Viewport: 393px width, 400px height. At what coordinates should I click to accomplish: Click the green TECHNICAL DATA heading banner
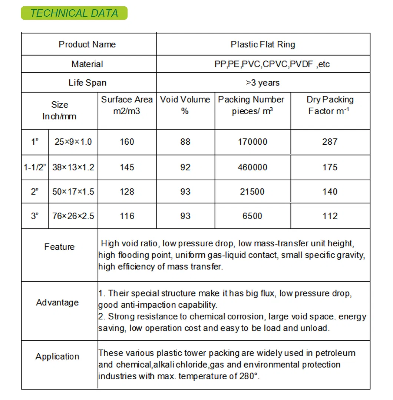[74, 13]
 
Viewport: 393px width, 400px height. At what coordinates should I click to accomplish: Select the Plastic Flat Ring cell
[263, 45]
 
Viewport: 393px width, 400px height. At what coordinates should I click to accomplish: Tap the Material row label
[87, 64]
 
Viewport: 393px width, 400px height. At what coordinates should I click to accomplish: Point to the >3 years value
[263, 83]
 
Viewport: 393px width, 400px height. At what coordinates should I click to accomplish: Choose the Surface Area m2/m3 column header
[127, 105]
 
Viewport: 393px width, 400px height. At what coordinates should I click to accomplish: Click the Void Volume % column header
[185, 105]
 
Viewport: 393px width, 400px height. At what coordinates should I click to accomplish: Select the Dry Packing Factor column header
[330, 105]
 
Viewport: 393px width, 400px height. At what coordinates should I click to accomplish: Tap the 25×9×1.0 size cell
[73, 142]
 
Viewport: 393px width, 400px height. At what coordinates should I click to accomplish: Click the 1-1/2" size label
[35, 167]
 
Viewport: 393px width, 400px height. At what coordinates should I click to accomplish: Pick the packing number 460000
[252, 167]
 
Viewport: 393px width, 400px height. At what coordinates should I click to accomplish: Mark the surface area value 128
[127, 192]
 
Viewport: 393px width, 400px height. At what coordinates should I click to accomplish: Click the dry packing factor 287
[330, 142]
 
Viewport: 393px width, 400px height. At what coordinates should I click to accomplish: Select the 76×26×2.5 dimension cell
[73, 216]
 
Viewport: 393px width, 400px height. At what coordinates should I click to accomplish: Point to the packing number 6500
[252, 216]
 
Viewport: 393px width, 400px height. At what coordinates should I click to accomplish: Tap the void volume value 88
[185, 142]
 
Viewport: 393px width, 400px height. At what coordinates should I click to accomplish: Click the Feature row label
[59, 247]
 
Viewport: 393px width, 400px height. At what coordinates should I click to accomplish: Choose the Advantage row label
[57, 302]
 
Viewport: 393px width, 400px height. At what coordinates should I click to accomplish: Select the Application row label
[57, 357]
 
